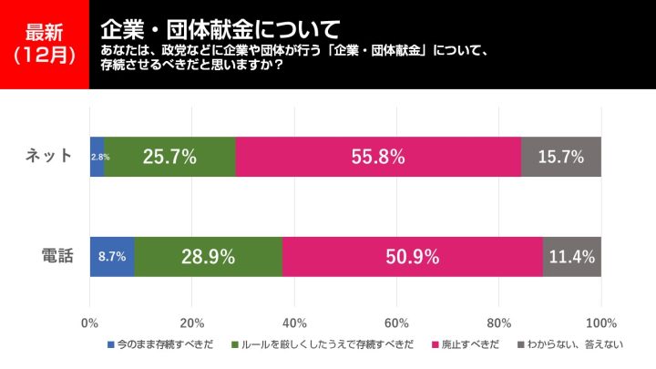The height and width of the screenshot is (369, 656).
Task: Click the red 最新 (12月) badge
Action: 45,44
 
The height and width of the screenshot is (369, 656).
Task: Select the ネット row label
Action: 48,156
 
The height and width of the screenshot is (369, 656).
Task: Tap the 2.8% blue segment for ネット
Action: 97,157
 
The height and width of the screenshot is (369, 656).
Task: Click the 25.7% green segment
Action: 169,157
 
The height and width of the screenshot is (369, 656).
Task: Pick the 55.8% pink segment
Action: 378,157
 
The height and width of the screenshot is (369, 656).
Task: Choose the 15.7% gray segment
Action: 560,157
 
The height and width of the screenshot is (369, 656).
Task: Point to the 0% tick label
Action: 89,322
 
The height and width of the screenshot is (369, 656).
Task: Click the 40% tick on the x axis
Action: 293,322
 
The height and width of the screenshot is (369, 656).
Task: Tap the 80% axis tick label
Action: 498,322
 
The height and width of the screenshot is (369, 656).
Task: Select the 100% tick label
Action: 601,322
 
